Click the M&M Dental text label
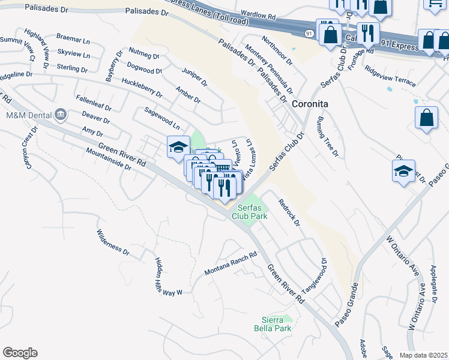coord(27,115)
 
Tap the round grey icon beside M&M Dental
coord(60,114)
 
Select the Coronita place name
coord(310,104)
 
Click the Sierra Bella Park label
coord(277,324)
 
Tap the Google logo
coord(20,353)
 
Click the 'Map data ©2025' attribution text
coord(423,355)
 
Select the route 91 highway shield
coord(307,34)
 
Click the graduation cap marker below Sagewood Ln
coord(178,147)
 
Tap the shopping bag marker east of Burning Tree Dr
coord(426,118)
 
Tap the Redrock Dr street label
coord(289,213)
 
